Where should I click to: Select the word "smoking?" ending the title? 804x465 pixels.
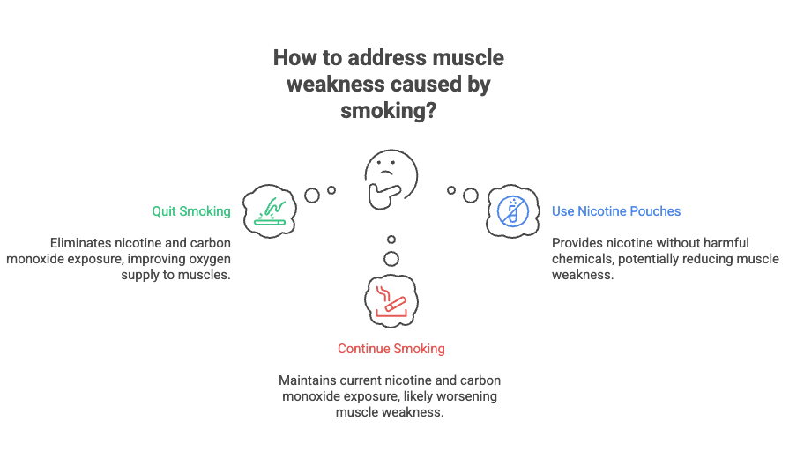click(389, 112)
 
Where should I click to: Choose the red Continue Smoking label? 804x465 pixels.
click(391, 349)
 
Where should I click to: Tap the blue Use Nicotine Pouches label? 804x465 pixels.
click(616, 211)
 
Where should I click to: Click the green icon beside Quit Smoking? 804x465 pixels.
click(271, 210)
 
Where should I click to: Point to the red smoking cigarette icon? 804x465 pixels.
click(391, 299)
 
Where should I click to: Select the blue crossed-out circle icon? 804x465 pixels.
click(511, 210)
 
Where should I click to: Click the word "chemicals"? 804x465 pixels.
click(583, 258)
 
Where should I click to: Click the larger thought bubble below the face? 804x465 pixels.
click(391, 258)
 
